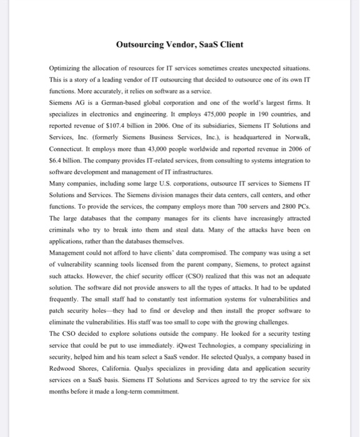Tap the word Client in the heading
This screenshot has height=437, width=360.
coord(230,44)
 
